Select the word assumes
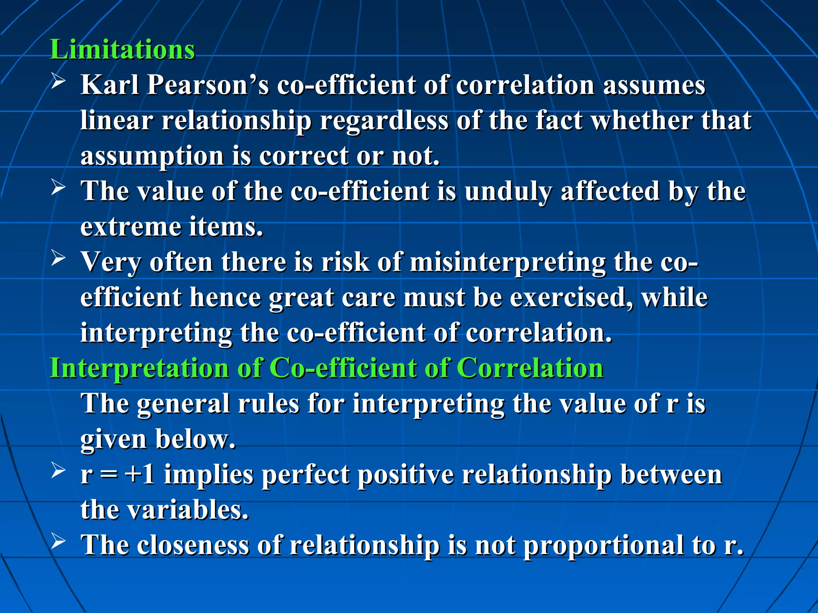[654, 85]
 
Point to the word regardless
[384, 121]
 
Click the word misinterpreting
[507, 263]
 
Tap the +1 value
[140, 475]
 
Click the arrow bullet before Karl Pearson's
[58, 82]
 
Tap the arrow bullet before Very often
[58, 259]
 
